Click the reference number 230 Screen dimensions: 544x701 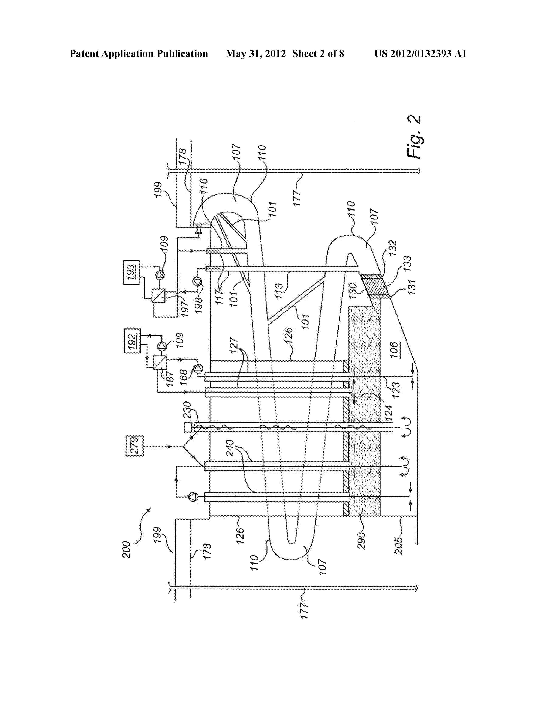point(187,410)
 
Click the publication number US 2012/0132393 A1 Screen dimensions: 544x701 point(420,54)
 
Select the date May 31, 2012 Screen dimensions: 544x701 point(256,54)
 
